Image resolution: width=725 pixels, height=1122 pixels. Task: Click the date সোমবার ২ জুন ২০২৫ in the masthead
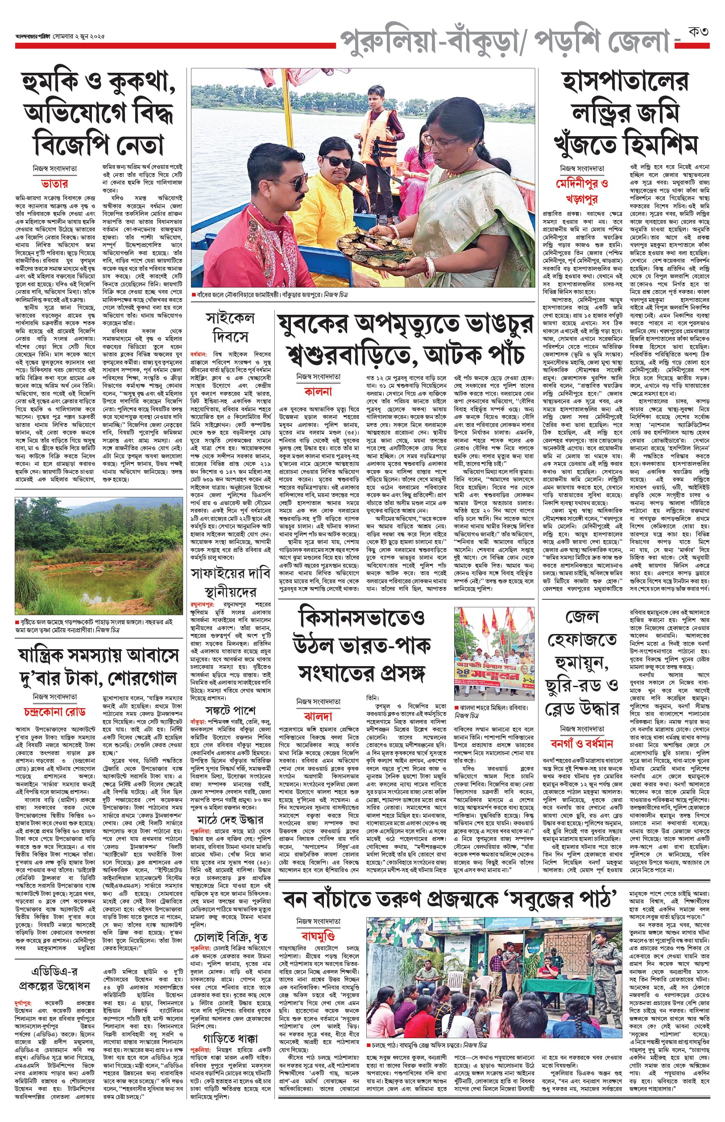[79, 36]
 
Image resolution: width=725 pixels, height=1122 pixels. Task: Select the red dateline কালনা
[318, 391]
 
